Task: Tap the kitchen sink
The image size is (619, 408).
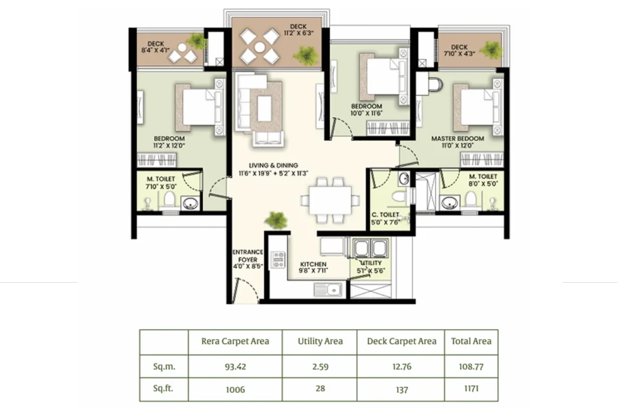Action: click(327, 290)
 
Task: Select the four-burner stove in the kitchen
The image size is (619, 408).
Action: click(278, 259)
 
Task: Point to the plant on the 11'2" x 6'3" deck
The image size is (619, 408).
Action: click(306, 56)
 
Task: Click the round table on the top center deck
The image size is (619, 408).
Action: click(259, 47)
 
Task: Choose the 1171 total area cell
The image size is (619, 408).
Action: click(471, 389)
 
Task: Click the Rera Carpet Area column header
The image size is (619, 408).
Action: click(235, 341)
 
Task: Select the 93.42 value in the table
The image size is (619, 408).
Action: click(235, 366)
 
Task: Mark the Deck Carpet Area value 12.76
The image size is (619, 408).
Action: click(401, 366)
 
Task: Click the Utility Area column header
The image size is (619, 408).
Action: click(320, 341)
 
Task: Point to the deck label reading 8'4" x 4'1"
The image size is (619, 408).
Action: click(156, 47)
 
